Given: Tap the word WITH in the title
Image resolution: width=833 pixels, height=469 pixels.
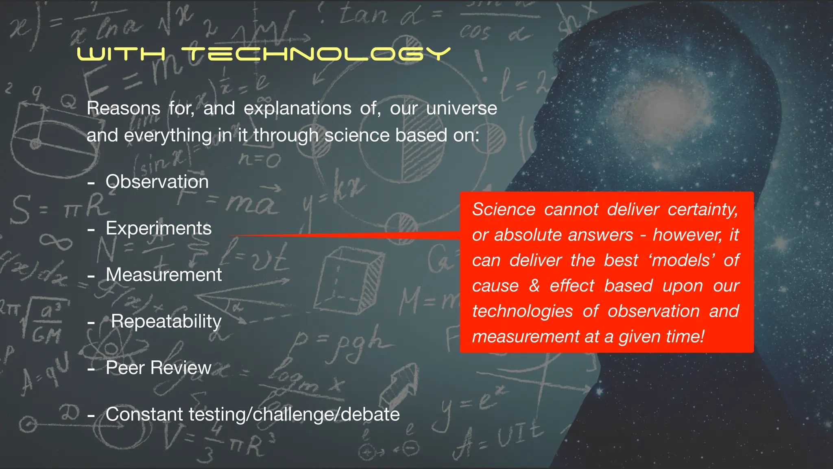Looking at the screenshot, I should (x=121, y=54).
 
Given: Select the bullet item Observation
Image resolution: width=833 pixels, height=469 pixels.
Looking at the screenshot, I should (x=157, y=182).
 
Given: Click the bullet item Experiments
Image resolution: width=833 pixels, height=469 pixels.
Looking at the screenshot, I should (x=159, y=228).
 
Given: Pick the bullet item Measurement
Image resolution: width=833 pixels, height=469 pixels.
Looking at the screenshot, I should (x=164, y=275).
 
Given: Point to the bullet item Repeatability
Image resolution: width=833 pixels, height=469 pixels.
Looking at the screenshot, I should (x=166, y=321).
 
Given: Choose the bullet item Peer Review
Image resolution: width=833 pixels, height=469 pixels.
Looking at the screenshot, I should (x=158, y=368).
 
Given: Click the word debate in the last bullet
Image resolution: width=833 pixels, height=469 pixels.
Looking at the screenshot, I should (x=370, y=414).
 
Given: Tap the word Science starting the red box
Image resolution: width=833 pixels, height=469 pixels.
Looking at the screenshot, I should (x=504, y=209).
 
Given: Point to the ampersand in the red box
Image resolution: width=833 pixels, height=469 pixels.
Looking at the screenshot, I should (x=534, y=286).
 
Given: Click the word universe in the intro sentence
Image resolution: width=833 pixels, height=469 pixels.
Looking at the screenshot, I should (x=461, y=108).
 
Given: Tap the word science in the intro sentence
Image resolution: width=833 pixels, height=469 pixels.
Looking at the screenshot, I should (x=357, y=135).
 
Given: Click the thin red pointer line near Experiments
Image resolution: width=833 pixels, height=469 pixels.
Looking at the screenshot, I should (x=346, y=235).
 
